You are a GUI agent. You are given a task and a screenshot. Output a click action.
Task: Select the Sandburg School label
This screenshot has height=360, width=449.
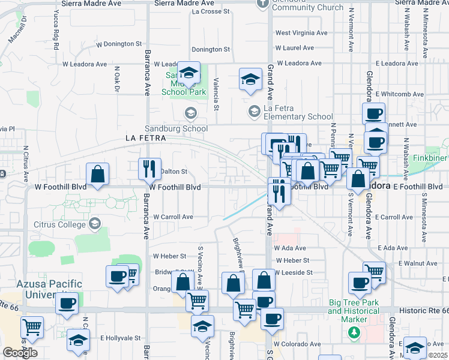(176, 128)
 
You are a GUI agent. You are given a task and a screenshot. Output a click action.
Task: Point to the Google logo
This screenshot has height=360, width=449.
(20, 353)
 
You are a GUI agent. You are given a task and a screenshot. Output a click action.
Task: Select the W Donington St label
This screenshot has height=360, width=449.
(119, 44)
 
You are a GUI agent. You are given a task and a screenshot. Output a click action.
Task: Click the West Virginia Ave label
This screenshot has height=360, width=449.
(301, 33)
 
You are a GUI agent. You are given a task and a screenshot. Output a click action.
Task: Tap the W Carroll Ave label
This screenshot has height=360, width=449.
(173, 217)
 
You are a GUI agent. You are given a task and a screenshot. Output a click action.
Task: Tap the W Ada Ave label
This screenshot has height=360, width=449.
(290, 248)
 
